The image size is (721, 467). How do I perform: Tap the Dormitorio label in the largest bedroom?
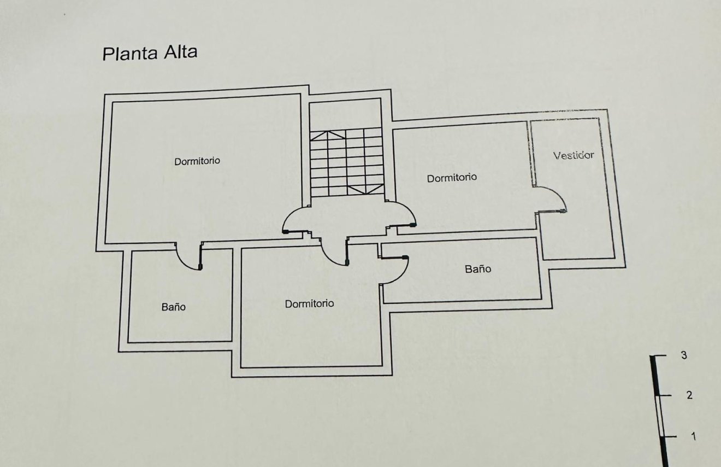click(x=197, y=161)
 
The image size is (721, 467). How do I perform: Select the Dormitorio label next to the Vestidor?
click(x=452, y=178)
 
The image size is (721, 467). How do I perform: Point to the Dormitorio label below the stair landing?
click(x=309, y=303)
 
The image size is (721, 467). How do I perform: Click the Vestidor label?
click(x=573, y=155)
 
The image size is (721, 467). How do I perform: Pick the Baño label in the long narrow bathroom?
click(x=478, y=269)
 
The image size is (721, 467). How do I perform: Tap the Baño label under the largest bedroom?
click(x=173, y=307)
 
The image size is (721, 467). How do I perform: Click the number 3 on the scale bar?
click(x=684, y=355)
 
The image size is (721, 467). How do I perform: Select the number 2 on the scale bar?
click(x=689, y=395)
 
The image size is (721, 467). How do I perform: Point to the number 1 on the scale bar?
click(x=693, y=436)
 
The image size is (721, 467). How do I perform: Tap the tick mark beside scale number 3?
click(x=660, y=356)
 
